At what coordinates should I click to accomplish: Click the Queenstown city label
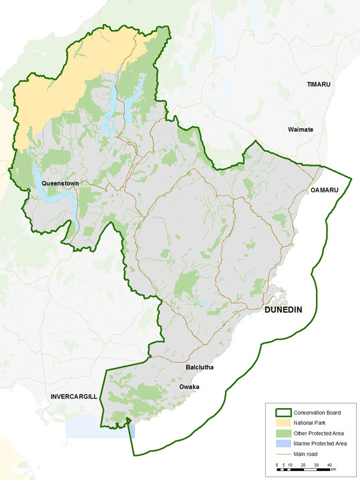60,183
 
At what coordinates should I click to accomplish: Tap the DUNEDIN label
283,310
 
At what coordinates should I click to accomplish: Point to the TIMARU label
320,84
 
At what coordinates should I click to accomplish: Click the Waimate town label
301,129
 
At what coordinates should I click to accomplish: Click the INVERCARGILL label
74,396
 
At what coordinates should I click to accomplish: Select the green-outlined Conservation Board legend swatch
280,413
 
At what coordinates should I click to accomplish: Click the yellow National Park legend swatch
280,423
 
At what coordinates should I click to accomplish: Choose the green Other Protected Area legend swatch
280,433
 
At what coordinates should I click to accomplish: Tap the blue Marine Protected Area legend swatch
280,444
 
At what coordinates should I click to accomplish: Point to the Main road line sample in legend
280,454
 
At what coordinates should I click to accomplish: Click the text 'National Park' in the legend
310,423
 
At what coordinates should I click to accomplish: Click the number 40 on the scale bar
329,465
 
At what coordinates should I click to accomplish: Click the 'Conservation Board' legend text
319,413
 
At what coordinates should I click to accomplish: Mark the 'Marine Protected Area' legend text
322,444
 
